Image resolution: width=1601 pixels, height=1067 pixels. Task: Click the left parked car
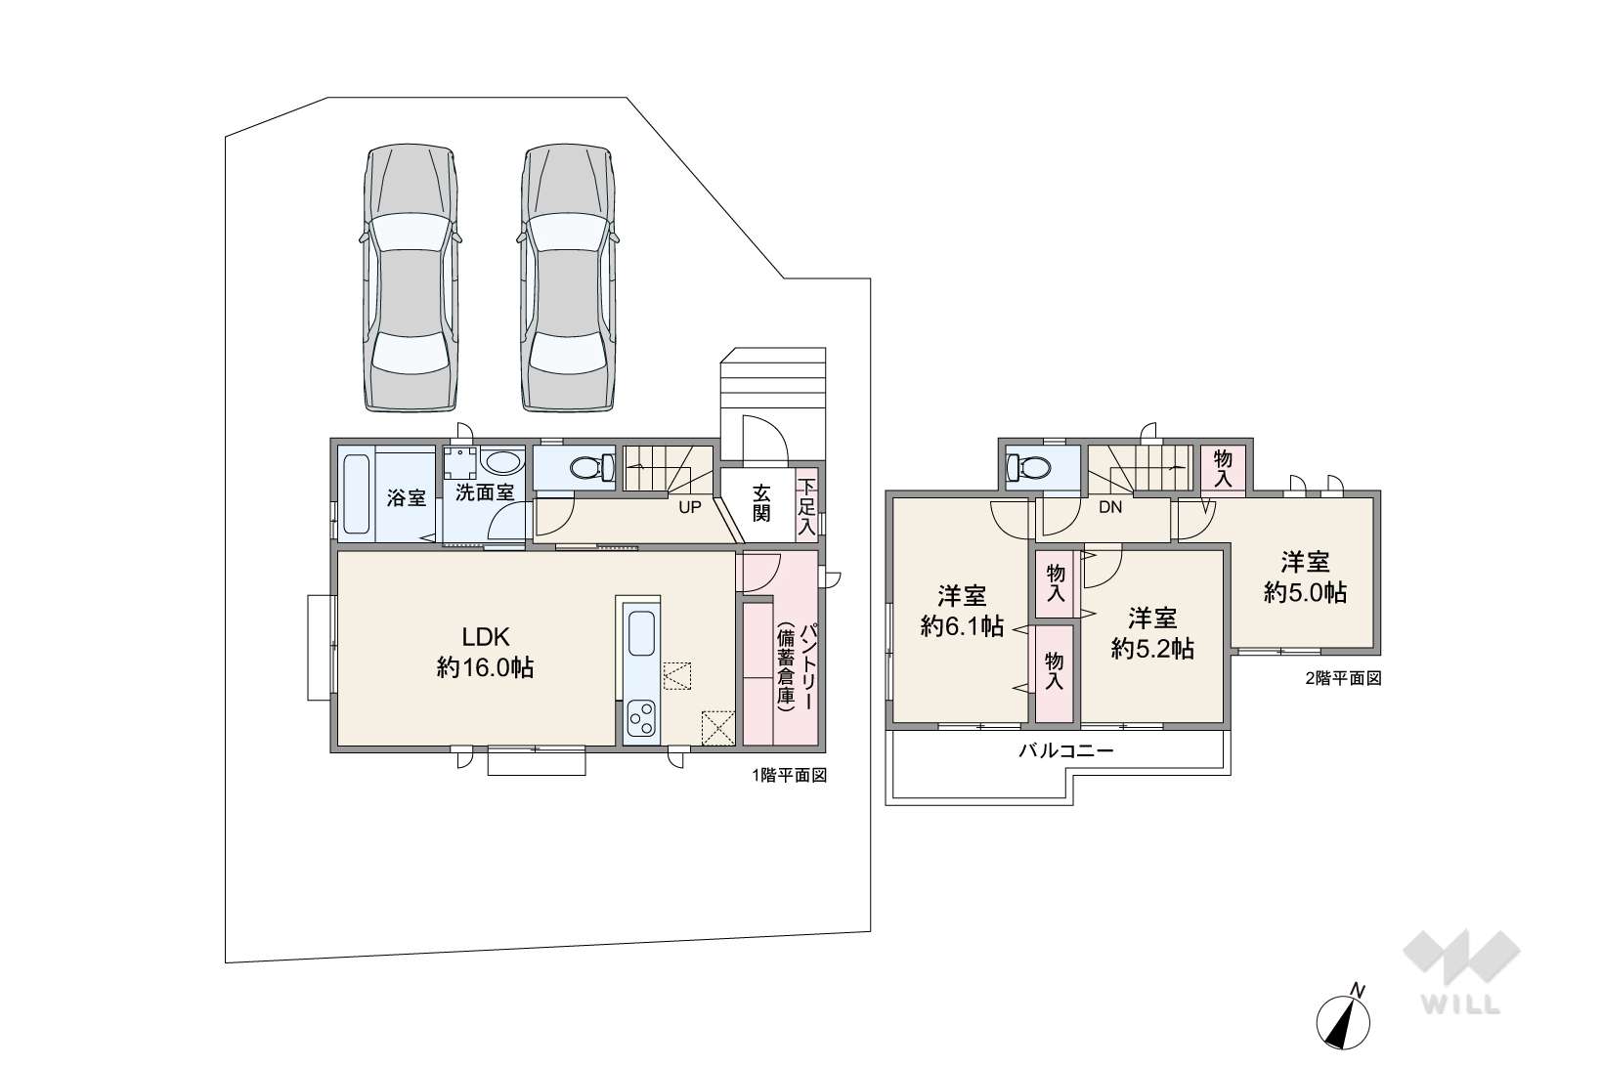[410, 278]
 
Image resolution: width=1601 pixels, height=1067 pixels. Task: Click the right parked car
[568, 278]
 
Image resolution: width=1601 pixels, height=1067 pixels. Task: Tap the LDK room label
[486, 635]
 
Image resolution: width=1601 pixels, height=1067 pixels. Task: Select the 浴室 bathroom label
[406, 498]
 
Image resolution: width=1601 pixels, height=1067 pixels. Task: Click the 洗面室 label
[485, 492]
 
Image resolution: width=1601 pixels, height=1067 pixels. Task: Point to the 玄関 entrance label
[761, 503]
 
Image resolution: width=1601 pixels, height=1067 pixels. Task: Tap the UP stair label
[690, 507]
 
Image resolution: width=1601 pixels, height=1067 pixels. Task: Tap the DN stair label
[1110, 507]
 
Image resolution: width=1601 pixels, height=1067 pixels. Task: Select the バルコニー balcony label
[1065, 751]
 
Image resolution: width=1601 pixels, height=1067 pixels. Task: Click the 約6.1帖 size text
[962, 626]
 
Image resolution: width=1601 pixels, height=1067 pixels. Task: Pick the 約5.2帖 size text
[1152, 649]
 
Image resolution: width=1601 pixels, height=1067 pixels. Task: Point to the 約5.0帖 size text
[1305, 592]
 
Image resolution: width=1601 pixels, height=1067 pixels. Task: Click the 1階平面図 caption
[789, 776]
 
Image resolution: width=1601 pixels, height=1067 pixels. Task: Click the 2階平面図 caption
[1344, 678]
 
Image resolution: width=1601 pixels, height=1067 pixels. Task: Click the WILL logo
[1461, 973]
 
